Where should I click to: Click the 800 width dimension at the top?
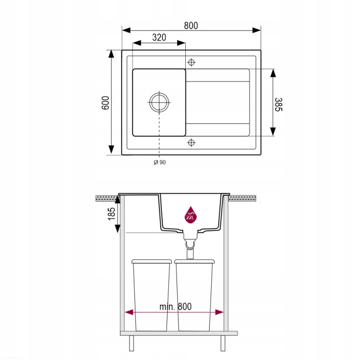tap(191, 25)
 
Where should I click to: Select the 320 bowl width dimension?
tap(159, 37)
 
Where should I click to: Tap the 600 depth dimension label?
tap(106, 103)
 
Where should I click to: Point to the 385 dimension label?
tap(278, 105)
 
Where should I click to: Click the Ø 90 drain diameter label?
tap(160, 162)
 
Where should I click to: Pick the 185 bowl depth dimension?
tap(111, 214)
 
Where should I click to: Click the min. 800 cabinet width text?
tap(175, 307)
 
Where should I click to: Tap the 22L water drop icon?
tap(191, 215)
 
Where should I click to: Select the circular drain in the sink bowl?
tap(159, 102)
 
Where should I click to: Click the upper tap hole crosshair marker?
tap(191, 62)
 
